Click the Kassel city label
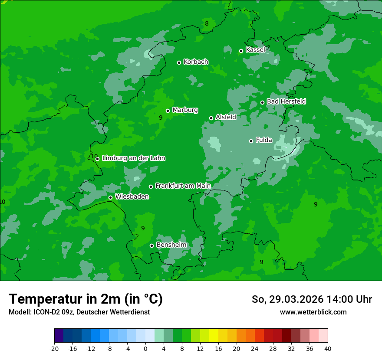(255, 50)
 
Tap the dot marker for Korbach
(179, 62)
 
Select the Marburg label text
(185, 110)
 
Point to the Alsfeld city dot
(211, 118)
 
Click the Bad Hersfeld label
(286, 101)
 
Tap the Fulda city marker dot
(251, 141)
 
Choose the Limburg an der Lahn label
(133, 158)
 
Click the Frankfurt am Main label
(183, 186)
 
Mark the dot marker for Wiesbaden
(110, 197)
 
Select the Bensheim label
(171, 245)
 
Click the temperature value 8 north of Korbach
(207, 23)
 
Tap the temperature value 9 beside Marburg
(161, 118)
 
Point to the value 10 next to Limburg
(94, 156)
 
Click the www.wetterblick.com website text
(313, 312)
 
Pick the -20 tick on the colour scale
(54, 348)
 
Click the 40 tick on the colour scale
(328, 348)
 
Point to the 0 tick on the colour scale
(145, 348)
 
